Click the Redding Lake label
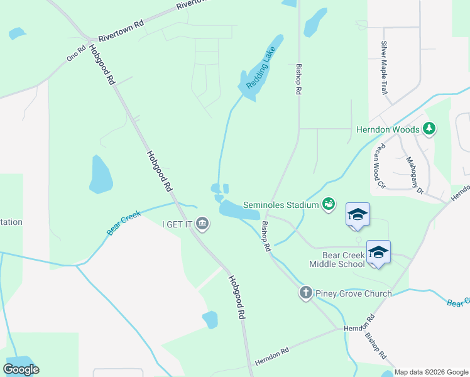click(260, 69)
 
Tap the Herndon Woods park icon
click(430, 129)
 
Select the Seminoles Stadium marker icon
click(327, 204)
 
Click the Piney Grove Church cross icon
click(306, 293)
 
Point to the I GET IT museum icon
click(202, 223)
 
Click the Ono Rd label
click(76, 54)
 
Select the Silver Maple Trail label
click(383, 68)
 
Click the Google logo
click(21, 369)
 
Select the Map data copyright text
click(431, 372)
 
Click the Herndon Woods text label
click(388, 129)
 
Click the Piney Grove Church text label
click(353, 293)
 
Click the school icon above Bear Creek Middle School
click(378, 252)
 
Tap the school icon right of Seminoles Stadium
click(358, 214)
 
